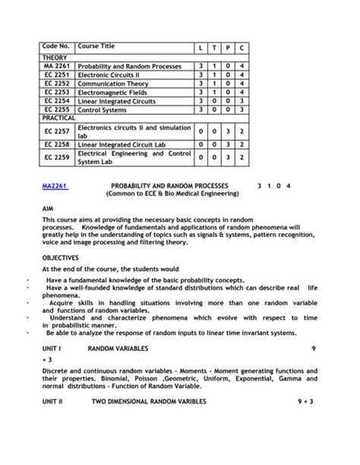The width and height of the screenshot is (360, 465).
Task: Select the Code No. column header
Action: (57, 47)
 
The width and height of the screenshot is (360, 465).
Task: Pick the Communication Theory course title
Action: (114, 84)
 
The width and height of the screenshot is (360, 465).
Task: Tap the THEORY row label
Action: (55, 58)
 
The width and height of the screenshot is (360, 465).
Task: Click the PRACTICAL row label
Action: (58, 119)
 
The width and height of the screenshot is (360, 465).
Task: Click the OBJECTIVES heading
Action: (60, 258)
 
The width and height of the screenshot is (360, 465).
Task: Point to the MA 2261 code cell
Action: (57, 66)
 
